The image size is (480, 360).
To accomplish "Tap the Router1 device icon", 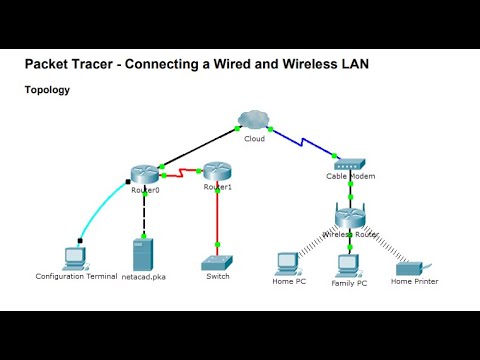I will point(217,173).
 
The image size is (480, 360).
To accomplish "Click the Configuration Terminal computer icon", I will point(75,255).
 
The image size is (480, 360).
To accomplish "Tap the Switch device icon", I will point(217,262).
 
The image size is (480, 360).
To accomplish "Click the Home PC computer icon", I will point(288,263).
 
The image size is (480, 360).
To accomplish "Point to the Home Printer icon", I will point(411,267).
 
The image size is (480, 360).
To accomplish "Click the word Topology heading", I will point(47,90).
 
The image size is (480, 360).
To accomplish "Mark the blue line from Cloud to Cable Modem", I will point(301,139).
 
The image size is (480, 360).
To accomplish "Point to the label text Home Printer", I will point(414,282).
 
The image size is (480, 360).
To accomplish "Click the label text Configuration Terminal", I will point(76,276).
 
